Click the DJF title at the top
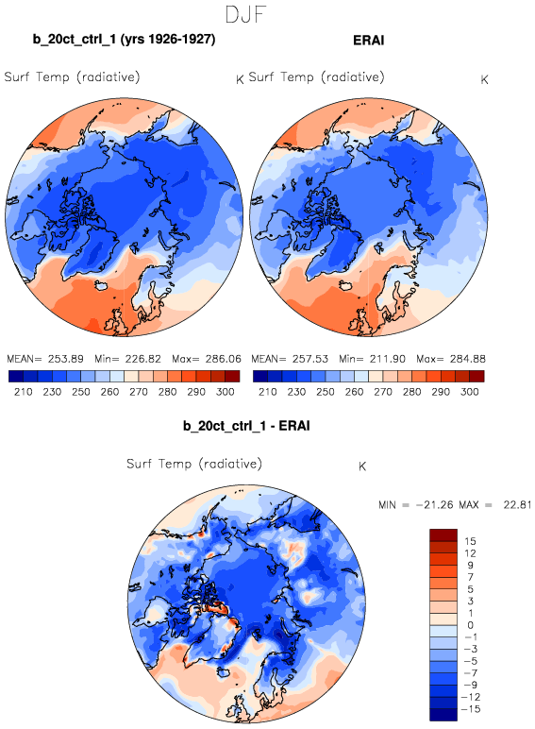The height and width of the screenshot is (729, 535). tap(245, 14)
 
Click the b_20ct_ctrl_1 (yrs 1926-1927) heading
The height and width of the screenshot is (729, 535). tap(124, 39)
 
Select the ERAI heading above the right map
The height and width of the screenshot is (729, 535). tap(369, 40)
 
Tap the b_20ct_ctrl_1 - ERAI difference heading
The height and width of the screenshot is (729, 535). tap(246, 426)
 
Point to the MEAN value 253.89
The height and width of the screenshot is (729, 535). tap(65, 359)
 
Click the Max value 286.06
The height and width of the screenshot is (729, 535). tap(224, 359)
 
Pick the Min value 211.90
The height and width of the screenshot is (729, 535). tap(387, 359)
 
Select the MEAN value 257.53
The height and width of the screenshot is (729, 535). tap(309, 359)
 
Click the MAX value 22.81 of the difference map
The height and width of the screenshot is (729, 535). tap(517, 504)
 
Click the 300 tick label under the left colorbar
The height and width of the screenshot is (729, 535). tap(226, 392)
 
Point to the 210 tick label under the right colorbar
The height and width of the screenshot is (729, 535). tap(268, 392)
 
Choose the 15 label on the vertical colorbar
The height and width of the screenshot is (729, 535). tap(470, 541)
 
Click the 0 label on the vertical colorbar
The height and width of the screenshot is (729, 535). tap(470, 625)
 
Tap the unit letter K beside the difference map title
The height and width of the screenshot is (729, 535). tap(362, 466)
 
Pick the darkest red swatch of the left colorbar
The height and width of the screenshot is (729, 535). tap(233, 376)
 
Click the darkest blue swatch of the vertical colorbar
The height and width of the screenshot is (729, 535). tap(443, 715)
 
